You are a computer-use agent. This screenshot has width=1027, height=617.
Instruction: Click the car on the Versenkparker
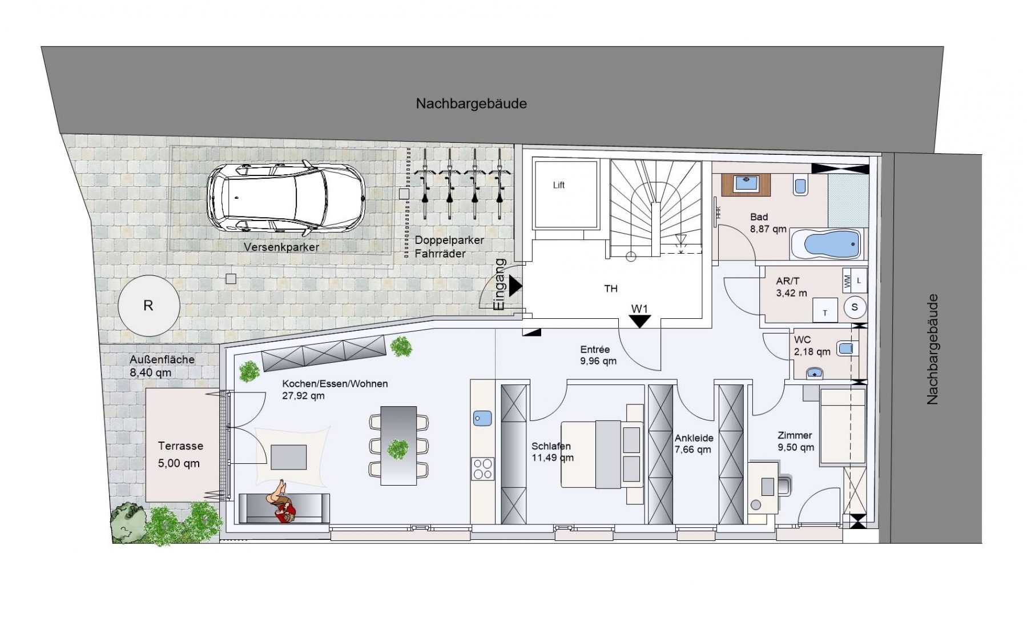pyautogui.click(x=286, y=198)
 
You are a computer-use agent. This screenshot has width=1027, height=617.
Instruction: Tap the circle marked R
pyautogui.click(x=148, y=306)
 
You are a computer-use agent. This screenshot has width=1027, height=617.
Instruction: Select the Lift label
pyautogui.click(x=559, y=185)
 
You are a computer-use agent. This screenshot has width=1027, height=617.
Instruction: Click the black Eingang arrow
pyautogui.click(x=515, y=286)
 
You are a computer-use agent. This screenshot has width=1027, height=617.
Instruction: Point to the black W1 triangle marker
pyautogui.click(x=639, y=322)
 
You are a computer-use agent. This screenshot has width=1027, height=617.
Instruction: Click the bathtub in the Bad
pyautogui.click(x=827, y=244)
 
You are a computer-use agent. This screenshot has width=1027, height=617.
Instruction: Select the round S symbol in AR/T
pyautogui.click(x=855, y=307)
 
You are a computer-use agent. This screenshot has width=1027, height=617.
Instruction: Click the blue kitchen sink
pyautogui.click(x=482, y=418)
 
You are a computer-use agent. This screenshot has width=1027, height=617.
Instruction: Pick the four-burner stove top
pyautogui.click(x=482, y=469)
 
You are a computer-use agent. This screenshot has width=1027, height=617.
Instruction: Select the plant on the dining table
pyautogui.click(x=398, y=449)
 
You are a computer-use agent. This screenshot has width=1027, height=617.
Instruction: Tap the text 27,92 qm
pyautogui.click(x=303, y=396)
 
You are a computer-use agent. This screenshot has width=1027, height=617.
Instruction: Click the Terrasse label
pyautogui.click(x=180, y=446)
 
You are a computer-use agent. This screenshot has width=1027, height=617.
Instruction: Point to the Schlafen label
pyautogui.click(x=551, y=446)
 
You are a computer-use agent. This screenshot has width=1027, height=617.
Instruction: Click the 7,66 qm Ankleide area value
pyautogui.click(x=693, y=450)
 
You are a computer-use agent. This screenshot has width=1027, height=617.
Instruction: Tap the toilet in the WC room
pyautogui.click(x=847, y=348)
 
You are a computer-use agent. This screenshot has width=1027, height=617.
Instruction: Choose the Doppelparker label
pyautogui.click(x=449, y=241)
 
